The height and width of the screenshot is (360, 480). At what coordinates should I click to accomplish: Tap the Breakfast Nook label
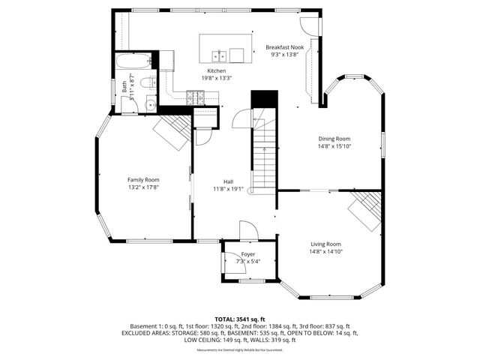[x=284, y=46]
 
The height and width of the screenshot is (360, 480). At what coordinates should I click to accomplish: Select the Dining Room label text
[x=334, y=139]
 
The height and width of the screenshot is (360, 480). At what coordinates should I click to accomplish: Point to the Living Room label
[x=326, y=244]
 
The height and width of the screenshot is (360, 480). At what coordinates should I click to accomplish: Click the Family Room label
[x=142, y=180]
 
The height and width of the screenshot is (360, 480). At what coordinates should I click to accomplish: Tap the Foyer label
[x=247, y=255]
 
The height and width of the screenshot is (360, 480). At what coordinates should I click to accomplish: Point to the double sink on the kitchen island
[x=219, y=55]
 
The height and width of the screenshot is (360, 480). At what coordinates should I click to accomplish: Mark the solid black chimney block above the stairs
[x=264, y=99]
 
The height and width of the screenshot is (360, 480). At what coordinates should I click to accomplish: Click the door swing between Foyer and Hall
[x=247, y=230]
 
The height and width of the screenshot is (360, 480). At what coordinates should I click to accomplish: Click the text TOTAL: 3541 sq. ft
[x=239, y=319]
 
